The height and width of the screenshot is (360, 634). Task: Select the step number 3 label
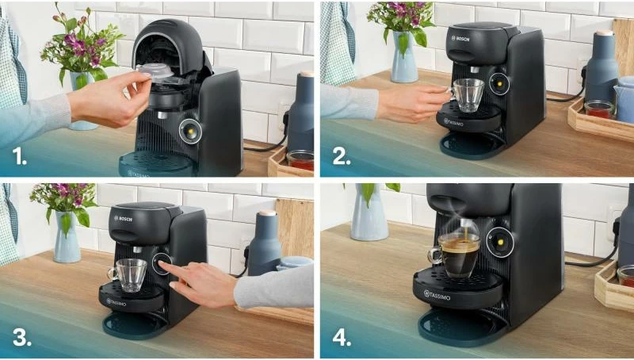(21, 337)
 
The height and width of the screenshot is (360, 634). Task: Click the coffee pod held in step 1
(155, 71)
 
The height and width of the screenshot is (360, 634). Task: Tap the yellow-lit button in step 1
(191, 132)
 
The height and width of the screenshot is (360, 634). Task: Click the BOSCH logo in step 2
(460, 37)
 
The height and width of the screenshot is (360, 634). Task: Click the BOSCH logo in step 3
(123, 218)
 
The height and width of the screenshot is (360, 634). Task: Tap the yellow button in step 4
(501, 243)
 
